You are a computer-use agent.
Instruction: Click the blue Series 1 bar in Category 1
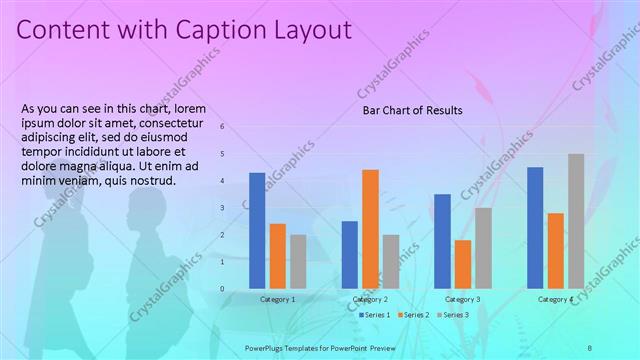click(257, 231)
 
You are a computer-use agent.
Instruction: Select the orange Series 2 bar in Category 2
click(370, 229)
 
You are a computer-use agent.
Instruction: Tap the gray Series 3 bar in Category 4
click(576, 221)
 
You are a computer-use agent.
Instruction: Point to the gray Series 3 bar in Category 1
click(298, 262)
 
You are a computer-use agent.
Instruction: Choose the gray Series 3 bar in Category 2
click(391, 262)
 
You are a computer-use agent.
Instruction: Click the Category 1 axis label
click(277, 299)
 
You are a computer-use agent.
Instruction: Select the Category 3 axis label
click(462, 299)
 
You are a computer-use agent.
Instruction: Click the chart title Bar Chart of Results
click(412, 110)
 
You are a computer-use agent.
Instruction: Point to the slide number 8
click(617, 346)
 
